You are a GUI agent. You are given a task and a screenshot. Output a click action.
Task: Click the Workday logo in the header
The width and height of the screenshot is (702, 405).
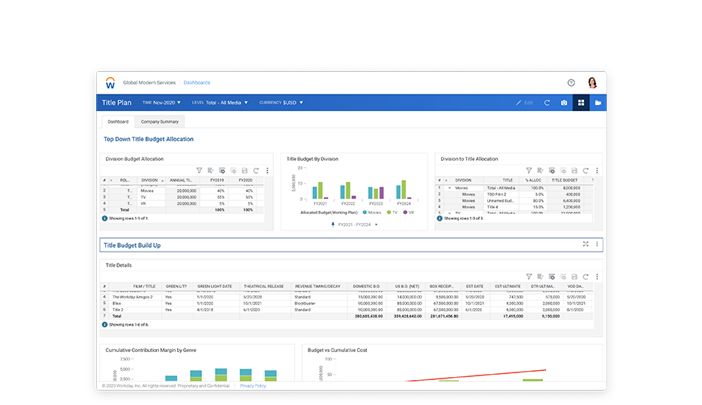coord(110,82)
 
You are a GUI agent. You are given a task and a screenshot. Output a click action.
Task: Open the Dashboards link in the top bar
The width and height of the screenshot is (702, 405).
coord(197,82)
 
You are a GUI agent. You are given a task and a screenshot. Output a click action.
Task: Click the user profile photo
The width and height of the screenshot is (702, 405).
coord(592,82)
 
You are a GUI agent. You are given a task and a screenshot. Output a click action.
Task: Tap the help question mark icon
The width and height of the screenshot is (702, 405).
coord(571,82)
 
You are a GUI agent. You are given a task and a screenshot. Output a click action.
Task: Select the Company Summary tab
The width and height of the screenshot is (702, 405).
coord(160,122)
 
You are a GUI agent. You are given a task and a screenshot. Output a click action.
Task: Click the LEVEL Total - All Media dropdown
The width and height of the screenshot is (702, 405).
coord(220,102)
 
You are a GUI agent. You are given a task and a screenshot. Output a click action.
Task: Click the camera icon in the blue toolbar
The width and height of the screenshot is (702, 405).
coord(564,103)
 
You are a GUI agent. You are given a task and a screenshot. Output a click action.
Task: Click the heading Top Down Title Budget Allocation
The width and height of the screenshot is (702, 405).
coord(148,139)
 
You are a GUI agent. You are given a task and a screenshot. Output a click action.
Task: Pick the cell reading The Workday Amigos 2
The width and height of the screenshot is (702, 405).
coord(132,297)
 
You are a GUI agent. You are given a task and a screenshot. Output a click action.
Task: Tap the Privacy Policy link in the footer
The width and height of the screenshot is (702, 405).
coord(253,386)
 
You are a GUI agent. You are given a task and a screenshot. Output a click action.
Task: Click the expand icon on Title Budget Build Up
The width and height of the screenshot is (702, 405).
coord(586,244)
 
